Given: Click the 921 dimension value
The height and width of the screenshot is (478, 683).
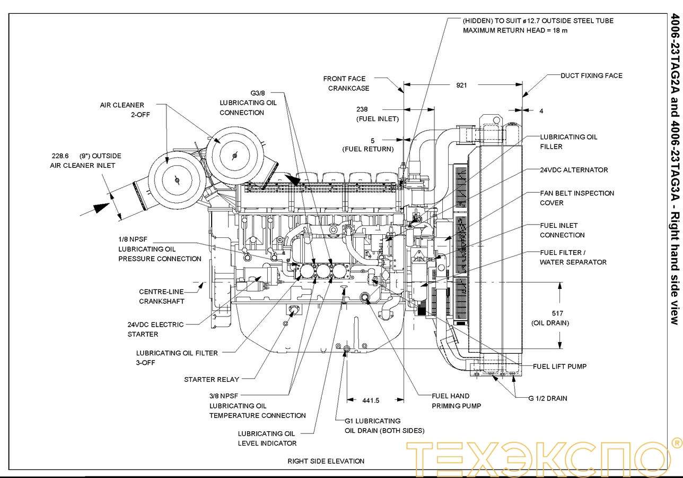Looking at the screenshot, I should coord(462,85).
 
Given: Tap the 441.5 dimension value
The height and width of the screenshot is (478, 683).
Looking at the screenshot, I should coord(371,400).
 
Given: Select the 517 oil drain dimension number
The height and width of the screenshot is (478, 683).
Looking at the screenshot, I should coord(557,313).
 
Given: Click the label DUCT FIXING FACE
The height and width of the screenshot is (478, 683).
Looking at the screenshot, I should coord(591,76).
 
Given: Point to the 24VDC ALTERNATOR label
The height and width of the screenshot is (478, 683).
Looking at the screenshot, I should coord(574,170).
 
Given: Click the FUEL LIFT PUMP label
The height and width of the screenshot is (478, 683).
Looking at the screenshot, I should coord(559,366).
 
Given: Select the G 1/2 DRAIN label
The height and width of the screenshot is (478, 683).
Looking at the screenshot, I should coord(548,398).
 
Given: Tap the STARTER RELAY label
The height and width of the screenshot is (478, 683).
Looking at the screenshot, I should coord(212,380).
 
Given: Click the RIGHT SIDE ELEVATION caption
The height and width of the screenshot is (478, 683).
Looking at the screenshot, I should coord(326,461).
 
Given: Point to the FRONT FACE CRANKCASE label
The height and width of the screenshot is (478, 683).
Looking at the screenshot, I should coord(347,83).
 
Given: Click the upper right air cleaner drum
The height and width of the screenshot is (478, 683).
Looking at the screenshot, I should coord(234,155).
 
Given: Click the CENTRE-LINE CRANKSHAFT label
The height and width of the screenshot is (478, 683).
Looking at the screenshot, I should coord(162,296).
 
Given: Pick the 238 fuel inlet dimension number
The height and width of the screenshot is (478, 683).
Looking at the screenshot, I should coord(376,109).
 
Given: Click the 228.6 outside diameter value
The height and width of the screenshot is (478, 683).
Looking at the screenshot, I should coord(60,156).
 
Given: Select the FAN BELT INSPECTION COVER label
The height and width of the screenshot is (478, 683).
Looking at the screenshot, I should coord(577,198).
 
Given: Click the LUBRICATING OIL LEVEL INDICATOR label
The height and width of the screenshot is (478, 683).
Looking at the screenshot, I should coord(267,438).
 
